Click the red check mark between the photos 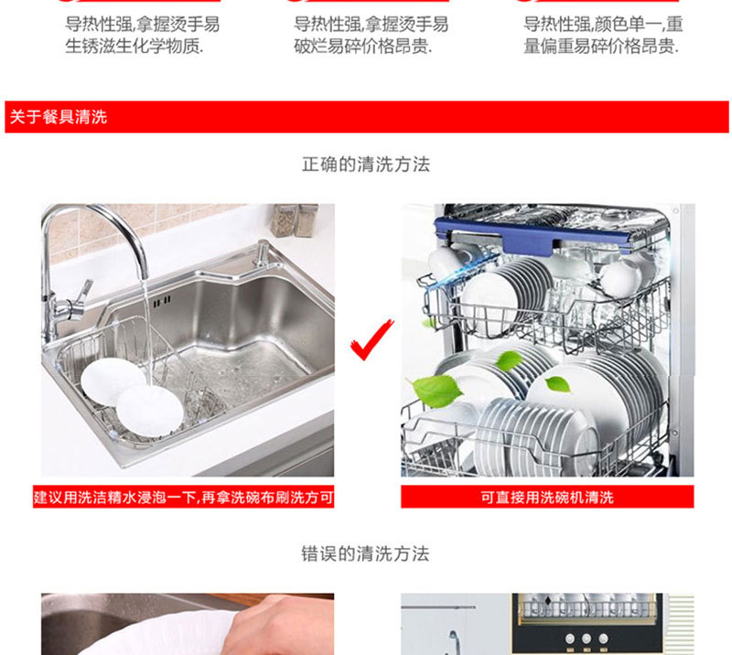(x=371, y=341)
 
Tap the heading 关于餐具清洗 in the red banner (x=59, y=117)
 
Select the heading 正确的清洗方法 (x=365, y=165)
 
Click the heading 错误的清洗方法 (x=365, y=554)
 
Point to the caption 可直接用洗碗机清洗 (x=547, y=498)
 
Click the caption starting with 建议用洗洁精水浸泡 (x=184, y=498)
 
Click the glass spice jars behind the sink (x=295, y=220)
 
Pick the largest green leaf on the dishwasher (x=436, y=391)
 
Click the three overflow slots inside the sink (x=162, y=302)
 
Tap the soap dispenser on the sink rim (x=263, y=253)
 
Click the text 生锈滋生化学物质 (x=135, y=47)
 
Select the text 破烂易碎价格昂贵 (x=363, y=47)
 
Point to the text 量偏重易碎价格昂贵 (x=601, y=47)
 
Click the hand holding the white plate (x=280, y=626)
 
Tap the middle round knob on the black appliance (x=587, y=639)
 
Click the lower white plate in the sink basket (x=149, y=412)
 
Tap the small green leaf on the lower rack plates (x=557, y=384)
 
